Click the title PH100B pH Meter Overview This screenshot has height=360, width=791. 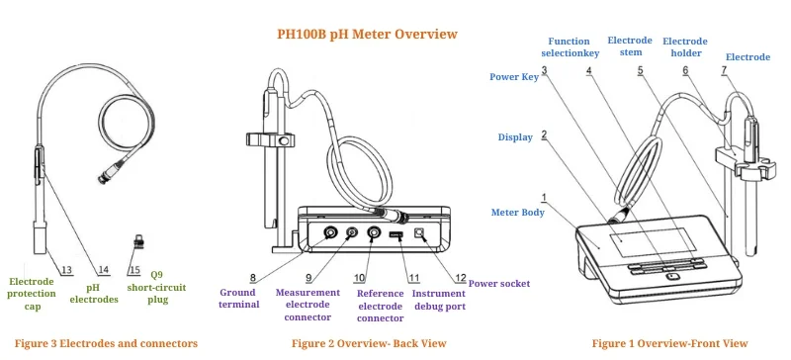tap(367, 34)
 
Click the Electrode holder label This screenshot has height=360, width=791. tap(685, 47)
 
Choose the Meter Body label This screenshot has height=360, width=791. tap(517, 212)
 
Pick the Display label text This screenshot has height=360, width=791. tap(514, 137)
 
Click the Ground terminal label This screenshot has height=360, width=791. tap(239, 298)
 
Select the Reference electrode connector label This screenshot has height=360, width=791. tap(379, 305)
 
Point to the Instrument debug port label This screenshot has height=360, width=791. tap(438, 300)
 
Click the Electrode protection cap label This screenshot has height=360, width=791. tap(32, 294)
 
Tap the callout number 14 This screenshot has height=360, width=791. tap(103, 269)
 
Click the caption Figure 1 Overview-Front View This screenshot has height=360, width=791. tap(669, 343)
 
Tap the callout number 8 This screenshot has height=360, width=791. tap(252, 277)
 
